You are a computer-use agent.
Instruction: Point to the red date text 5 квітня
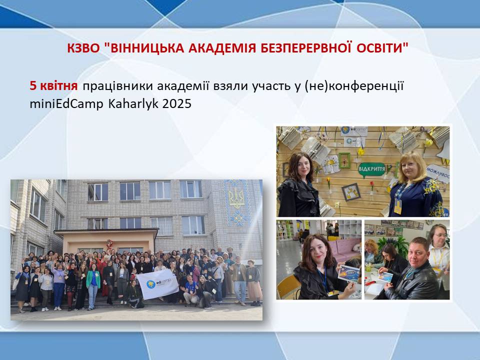coord(53,86)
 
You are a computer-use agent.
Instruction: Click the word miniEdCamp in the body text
coord(66,104)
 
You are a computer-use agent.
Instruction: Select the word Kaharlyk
coord(133,104)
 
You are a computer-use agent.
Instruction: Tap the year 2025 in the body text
coord(177,104)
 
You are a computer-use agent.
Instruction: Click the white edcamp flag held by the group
coord(157,284)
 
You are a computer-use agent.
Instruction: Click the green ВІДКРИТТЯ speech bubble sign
coord(371,169)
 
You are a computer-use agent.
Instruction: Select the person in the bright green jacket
coord(93,286)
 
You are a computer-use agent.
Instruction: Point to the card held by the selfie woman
coord(348,273)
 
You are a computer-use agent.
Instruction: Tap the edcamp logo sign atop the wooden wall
coord(354,131)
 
